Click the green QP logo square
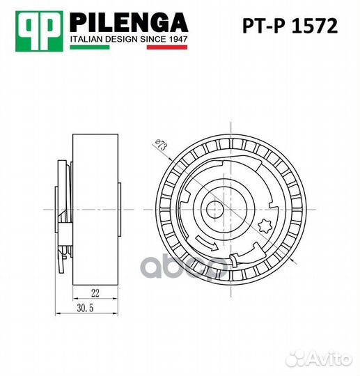pyautogui.click(x=39, y=31)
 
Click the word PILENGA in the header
pyautogui.click(x=129, y=22)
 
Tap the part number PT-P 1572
pyautogui.click(x=290, y=26)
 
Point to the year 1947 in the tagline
pyautogui.click(x=178, y=39)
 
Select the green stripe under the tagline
pyautogui.click(x=90, y=47)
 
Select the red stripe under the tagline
pyautogui.click(x=167, y=47)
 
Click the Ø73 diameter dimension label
pyautogui.click(x=160, y=144)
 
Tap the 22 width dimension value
pyautogui.click(x=95, y=293)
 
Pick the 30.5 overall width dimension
pyautogui.click(x=85, y=308)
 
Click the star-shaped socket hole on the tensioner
pyautogui.click(x=265, y=226)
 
